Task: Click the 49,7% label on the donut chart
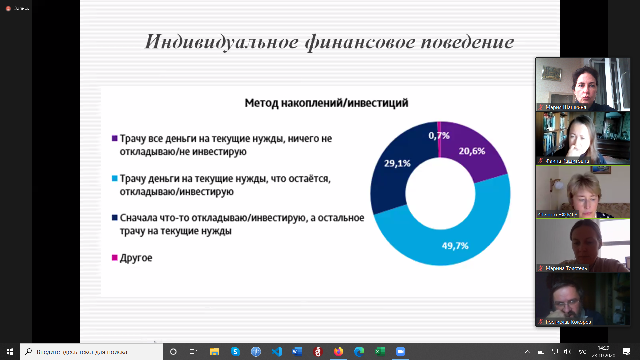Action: click(455, 246)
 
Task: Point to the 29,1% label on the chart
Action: click(397, 163)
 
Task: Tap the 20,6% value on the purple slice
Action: click(472, 151)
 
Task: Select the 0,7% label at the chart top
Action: click(439, 136)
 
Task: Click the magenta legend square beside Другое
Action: click(115, 257)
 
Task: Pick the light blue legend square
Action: click(115, 178)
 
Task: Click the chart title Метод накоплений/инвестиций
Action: click(326, 103)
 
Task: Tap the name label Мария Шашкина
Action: click(566, 107)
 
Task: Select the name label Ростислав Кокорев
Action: click(568, 322)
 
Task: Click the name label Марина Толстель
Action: click(566, 268)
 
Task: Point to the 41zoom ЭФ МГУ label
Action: click(557, 215)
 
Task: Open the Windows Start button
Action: click(10, 352)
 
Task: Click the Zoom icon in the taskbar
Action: click(400, 352)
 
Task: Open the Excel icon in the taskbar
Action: click(380, 352)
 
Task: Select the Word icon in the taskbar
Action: click(297, 352)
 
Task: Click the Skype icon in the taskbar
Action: click(235, 352)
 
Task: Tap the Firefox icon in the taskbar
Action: click(338, 352)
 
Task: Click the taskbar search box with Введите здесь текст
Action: click(92, 352)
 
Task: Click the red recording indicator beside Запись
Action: click(8, 9)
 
